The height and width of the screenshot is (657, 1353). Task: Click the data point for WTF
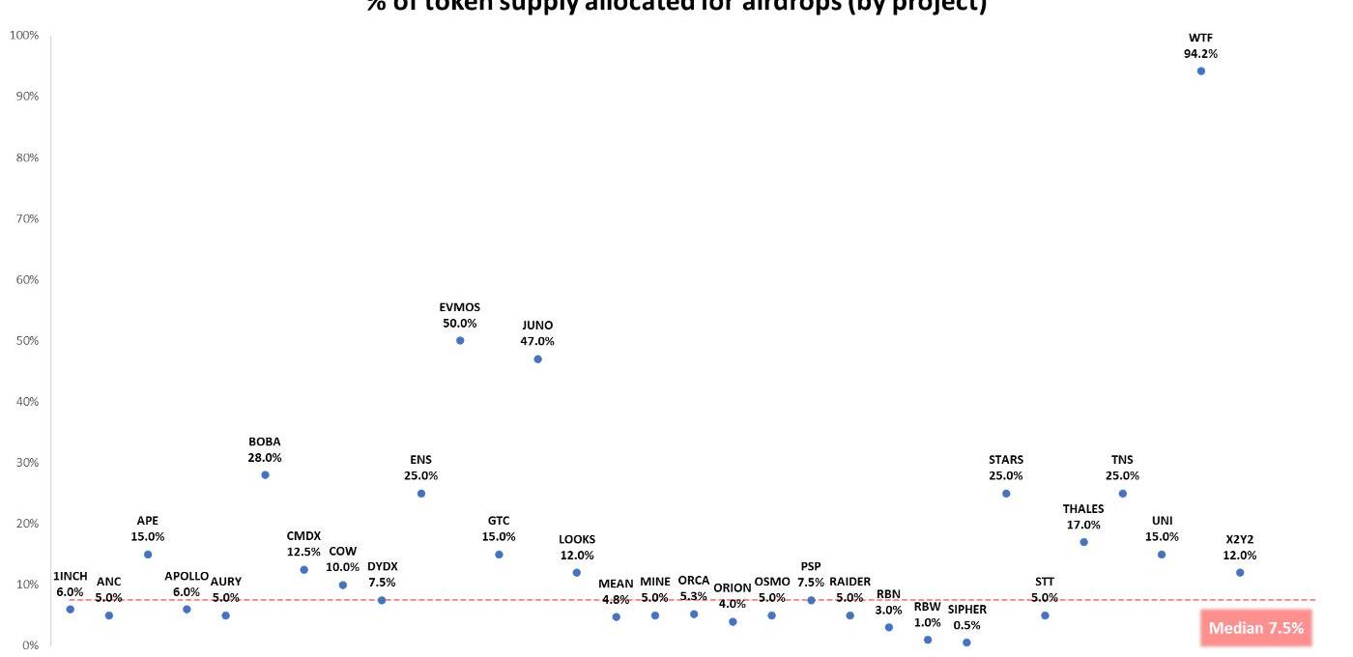1201,71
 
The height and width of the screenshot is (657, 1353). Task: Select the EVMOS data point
460,340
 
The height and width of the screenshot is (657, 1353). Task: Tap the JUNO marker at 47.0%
537,358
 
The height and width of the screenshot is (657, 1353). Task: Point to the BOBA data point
265,474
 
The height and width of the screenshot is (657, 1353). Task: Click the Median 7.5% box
1255,628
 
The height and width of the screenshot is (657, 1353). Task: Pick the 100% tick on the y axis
24,36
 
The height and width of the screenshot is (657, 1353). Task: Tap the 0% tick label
31,645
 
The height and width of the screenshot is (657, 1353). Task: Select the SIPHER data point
966,643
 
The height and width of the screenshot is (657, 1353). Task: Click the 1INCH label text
71,577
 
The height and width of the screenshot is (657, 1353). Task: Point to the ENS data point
420,494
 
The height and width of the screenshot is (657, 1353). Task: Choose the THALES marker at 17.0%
1083,542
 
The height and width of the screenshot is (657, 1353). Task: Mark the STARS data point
1006,494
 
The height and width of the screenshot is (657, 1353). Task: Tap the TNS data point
1123,494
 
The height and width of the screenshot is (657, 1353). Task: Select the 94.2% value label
1201,54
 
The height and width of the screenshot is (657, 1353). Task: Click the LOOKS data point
577,572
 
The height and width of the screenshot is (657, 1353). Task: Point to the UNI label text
1162,521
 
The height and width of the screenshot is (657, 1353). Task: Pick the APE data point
148,555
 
